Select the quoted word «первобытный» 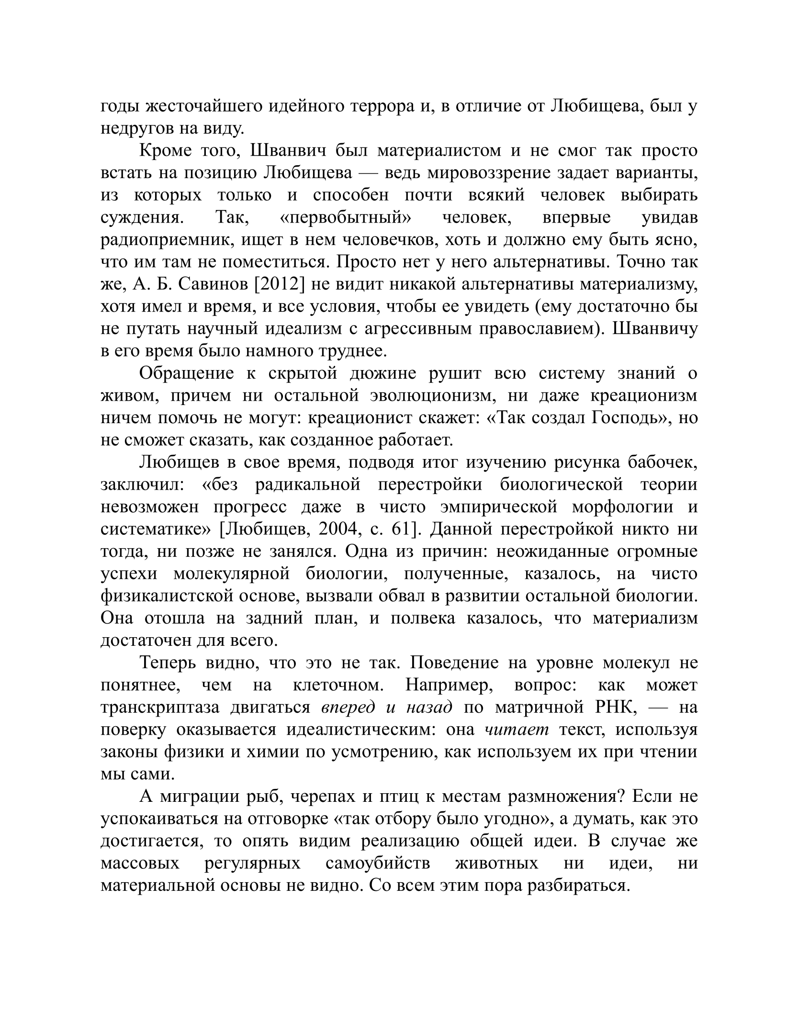pos(345,217)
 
